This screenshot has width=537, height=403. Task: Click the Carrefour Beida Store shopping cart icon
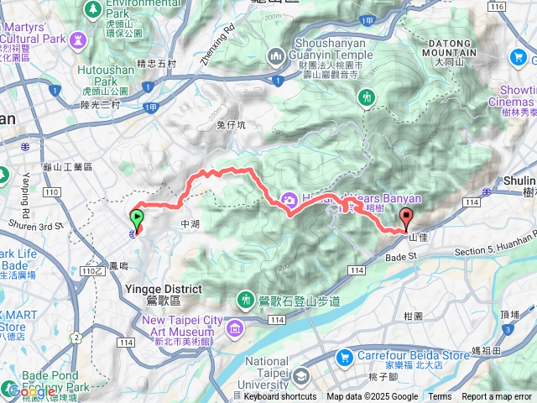click(x=344, y=358)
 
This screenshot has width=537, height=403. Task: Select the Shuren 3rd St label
click(x=36, y=225)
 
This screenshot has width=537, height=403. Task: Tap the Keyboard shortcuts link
click(x=279, y=397)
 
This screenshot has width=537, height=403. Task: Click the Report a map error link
click(x=497, y=397)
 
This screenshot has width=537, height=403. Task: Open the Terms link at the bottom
click(x=440, y=397)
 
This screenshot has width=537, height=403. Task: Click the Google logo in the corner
click(x=31, y=391)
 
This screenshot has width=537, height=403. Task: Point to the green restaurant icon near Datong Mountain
click(x=366, y=98)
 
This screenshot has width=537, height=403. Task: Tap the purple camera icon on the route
click(x=289, y=199)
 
